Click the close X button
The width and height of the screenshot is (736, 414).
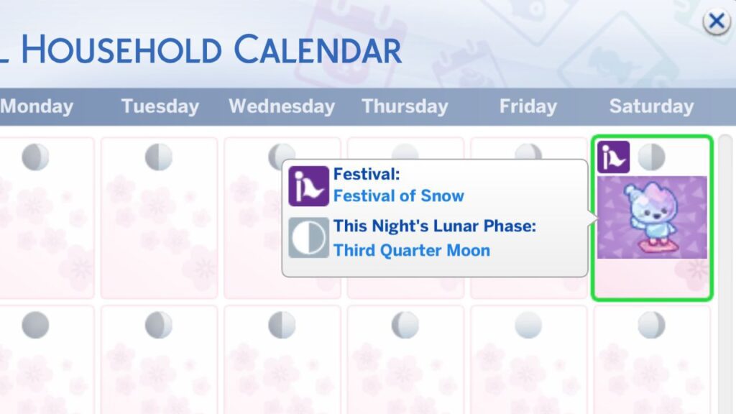click(x=716, y=22)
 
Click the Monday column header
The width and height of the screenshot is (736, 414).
click(x=37, y=106)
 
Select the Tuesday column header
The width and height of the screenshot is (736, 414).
click(x=160, y=106)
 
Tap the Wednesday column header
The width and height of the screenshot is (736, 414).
click(x=282, y=106)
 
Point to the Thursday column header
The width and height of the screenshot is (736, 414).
click(x=405, y=106)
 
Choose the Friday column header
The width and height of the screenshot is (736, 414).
click(x=528, y=106)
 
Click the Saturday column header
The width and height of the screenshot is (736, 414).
click(x=651, y=106)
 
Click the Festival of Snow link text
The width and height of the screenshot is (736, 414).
click(x=399, y=195)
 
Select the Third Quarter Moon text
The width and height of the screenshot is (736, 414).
click(x=412, y=250)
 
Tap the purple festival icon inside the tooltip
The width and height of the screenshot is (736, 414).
click(x=308, y=185)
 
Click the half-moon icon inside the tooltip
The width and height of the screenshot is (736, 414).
click(x=308, y=238)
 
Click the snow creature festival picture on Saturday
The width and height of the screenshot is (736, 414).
click(x=652, y=217)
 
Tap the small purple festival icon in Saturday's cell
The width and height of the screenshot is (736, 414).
click(x=613, y=157)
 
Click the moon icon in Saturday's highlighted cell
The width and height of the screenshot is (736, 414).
click(x=651, y=157)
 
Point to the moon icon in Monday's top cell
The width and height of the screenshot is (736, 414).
click(x=35, y=157)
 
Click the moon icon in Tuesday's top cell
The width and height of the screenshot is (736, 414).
click(x=159, y=157)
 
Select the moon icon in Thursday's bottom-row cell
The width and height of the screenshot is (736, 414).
click(x=405, y=325)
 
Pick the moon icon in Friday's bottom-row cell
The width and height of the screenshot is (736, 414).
click(x=528, y=325)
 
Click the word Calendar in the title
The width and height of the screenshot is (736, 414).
click(x=318, y=50)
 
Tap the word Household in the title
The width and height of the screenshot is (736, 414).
click(x=122, y=50)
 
